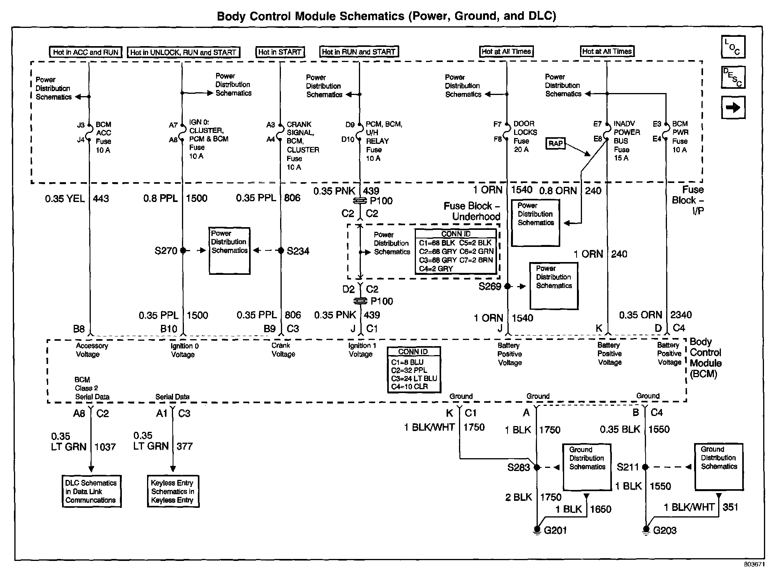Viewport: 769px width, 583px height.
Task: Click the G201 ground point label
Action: (555, 530)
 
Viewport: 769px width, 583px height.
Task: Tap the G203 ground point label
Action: (664, 530)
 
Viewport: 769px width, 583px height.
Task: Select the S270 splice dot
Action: (183, 250)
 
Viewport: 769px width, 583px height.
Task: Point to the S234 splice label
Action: (298, 251)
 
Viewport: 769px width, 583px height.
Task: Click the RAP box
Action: (555, 143)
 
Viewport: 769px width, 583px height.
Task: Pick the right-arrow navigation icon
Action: (733, 107)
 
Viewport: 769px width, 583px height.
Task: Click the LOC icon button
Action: (733, 47)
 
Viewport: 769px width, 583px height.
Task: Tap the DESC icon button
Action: (733, 77)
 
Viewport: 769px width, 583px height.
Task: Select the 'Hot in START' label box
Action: (280, 52)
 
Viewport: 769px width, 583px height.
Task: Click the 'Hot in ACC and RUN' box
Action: (85, 52)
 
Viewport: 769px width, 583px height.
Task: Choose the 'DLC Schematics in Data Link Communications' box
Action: (91, 491)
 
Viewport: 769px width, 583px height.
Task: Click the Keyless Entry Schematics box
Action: (173, 491)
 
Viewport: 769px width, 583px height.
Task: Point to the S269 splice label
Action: (490, 286)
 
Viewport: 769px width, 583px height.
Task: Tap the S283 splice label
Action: (518, 467)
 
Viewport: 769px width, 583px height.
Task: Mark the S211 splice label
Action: (627, 467)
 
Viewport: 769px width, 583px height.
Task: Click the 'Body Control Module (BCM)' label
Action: (706, 358)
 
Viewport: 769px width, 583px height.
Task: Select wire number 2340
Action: (681, 315)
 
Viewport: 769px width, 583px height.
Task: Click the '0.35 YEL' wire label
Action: (65, 199)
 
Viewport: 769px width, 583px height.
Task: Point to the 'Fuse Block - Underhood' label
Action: (472, 211)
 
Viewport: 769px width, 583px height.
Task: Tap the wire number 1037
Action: (105, 447)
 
